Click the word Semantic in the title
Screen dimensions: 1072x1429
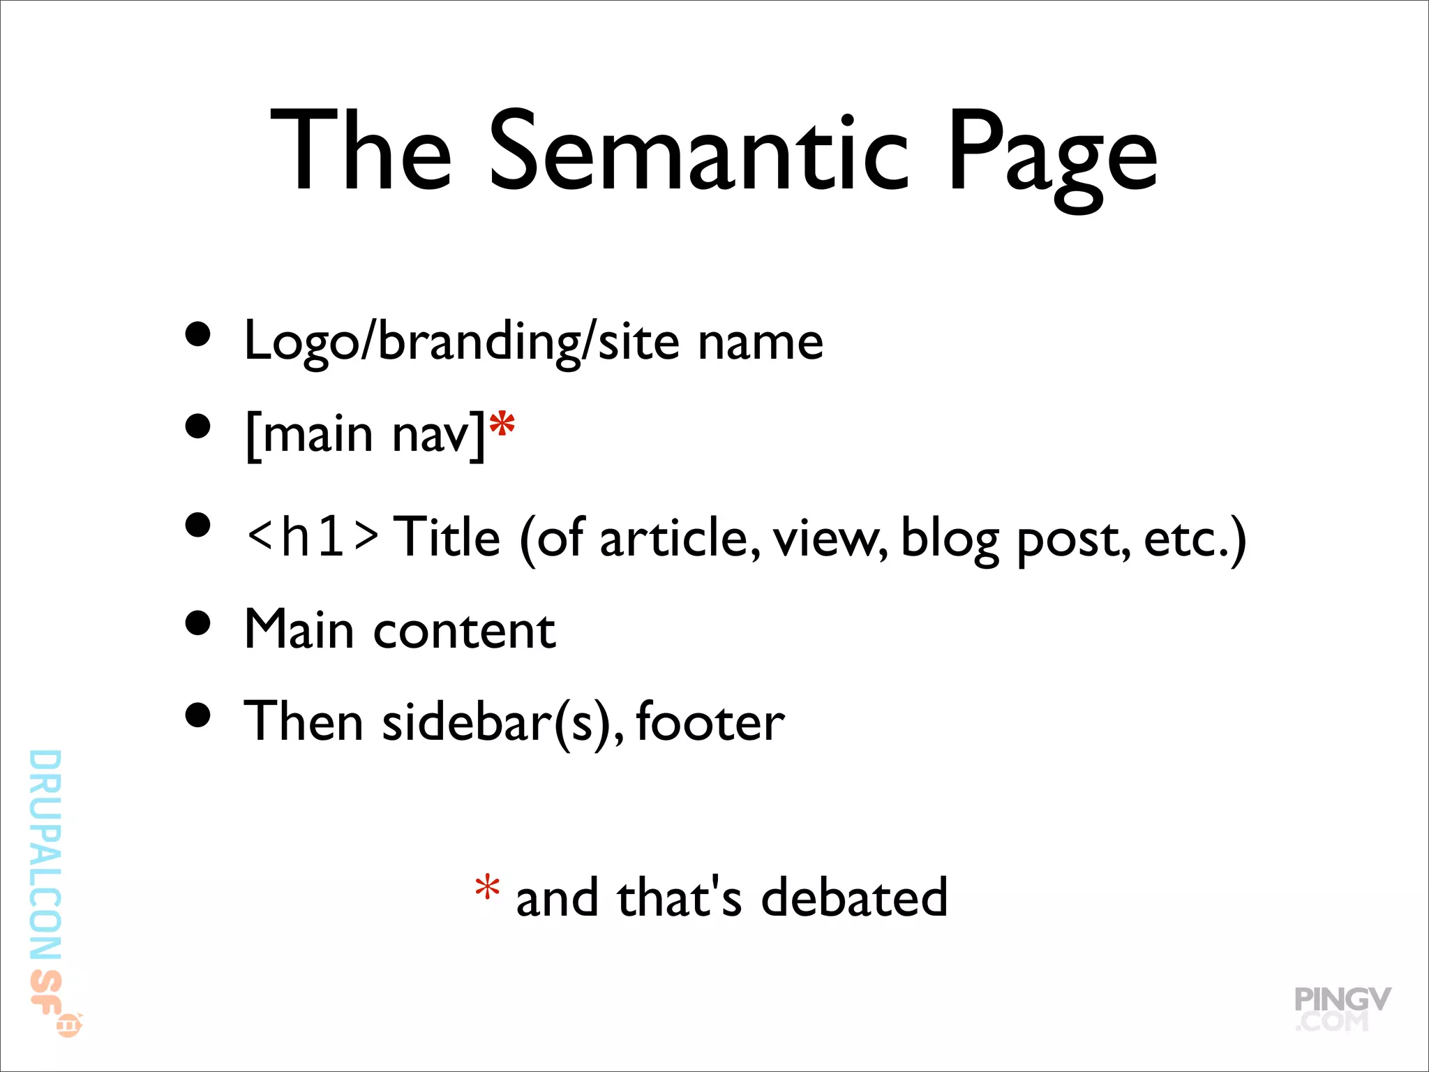(x=699, y=151)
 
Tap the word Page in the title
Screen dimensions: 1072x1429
(x=1052, y=157)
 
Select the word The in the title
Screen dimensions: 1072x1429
(x=361, y=151)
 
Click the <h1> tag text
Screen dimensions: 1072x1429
(x=313, y=537)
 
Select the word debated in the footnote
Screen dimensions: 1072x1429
(x=854, y=898)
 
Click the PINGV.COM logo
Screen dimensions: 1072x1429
(x=1341, y=1008)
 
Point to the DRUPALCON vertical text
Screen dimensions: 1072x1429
(x=46, y=855)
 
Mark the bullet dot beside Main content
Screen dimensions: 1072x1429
(x=199, y=623)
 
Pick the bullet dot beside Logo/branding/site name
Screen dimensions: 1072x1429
(x=199, y=334)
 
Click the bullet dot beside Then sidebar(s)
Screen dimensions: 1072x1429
(x=199, y=715)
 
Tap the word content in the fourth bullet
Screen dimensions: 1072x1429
(x=465, y=630)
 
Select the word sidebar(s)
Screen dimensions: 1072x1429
(x=503, y=723)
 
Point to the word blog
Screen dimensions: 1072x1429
(x=950, y=539)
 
